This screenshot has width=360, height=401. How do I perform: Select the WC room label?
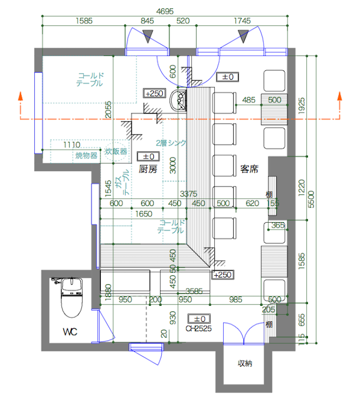tap(70, 332)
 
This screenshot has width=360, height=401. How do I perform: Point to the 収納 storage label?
tap(245, 364)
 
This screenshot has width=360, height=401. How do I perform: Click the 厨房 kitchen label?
tap(148, 169)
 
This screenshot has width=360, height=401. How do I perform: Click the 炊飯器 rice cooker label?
tap(116, 151)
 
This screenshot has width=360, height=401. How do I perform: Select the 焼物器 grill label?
tap(86, 156)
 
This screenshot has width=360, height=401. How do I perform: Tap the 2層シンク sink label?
tap(171, 143)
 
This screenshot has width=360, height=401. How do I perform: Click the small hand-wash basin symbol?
tap(179, 101)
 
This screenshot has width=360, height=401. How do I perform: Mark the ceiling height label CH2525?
tap(199, 328)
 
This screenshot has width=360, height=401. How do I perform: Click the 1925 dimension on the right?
tap(300, 105)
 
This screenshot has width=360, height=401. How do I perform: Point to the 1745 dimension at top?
tap(242, 21)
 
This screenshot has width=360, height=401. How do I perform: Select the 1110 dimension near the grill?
tap(71, 144)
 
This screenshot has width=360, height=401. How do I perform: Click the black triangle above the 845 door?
tap(147, 37)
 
